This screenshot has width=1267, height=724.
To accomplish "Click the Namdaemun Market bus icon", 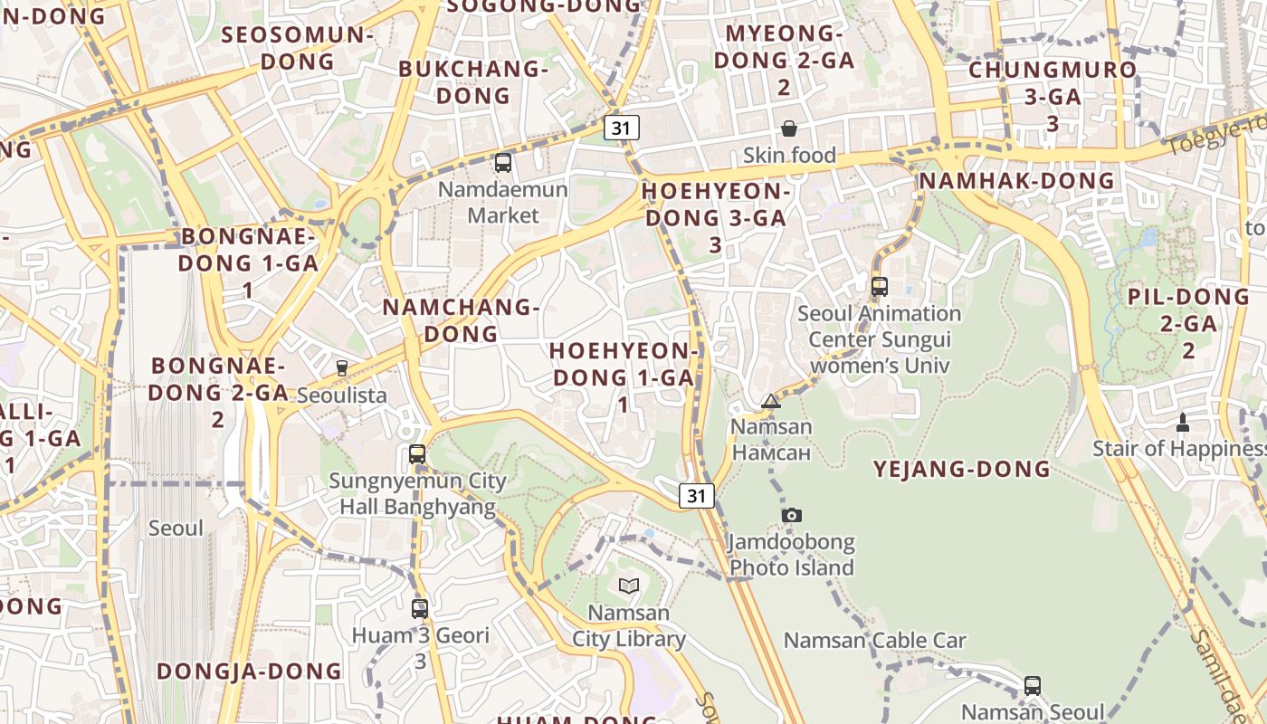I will tap(503, 163).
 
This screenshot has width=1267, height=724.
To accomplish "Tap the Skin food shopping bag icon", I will tap(789, 129).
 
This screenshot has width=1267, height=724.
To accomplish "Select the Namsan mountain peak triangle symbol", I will tap(771, 401).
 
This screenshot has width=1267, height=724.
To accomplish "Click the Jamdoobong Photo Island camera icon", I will tap(792, 515).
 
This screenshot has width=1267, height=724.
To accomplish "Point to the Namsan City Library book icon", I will tap(629, 586).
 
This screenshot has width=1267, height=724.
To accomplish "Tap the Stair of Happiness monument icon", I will tap(1182, 422).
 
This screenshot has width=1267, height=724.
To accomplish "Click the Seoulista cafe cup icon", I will tap(342, 368).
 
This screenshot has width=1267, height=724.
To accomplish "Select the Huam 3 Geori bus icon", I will tap(419, 608).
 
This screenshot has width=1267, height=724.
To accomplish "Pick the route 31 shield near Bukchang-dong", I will tap(622, 128).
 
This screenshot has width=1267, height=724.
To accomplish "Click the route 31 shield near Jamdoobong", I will tap(697, 495).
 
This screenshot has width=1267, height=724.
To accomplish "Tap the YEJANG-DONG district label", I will tap(961, 469).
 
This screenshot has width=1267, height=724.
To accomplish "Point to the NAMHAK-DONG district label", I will tap(1017, 181).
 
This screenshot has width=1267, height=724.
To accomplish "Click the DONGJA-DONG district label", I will tap(250, 671).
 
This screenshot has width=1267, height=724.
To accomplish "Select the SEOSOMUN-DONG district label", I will tap(297, 48).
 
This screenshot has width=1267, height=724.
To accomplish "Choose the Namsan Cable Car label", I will tap(874, 641).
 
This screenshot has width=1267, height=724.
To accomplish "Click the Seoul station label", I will tap(176, 528).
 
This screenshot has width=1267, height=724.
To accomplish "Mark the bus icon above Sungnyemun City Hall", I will tap(417, 454).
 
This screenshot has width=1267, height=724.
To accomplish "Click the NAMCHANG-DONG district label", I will tap(461, 320).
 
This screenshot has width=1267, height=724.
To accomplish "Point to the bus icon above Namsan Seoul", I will tap(1033, 685).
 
